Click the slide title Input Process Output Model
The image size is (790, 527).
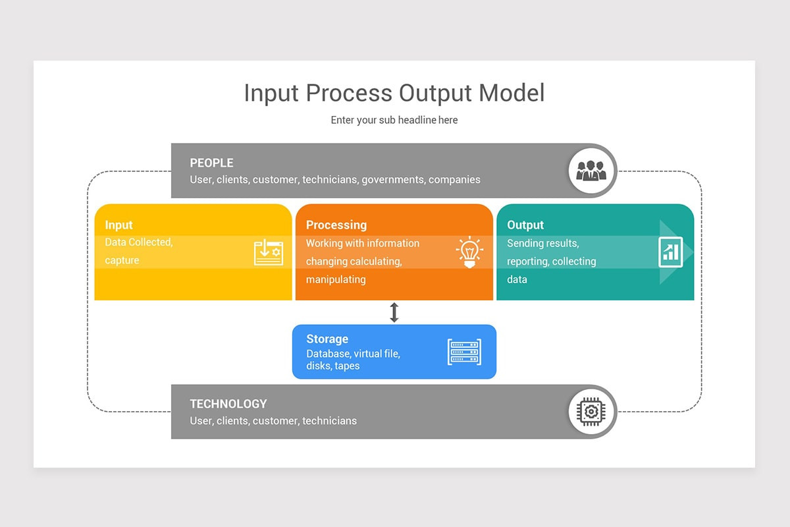(394, 93)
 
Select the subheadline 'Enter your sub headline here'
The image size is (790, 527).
(394, 120)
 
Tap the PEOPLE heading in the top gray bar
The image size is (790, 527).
(211, 163)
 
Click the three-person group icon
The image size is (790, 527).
(591, 171)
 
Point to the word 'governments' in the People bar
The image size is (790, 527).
(392, 179)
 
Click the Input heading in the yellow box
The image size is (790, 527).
(118, 225)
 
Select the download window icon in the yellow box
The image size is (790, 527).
(269, 253)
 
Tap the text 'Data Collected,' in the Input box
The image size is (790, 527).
(139, 242)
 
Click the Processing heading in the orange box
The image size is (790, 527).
(336, 225)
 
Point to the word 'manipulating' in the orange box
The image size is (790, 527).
(336, 279)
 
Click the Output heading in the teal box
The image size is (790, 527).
(525, 225)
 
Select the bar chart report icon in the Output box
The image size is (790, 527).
(671, 252)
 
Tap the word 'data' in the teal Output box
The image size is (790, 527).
(517, 279)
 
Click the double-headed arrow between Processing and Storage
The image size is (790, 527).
(394, 312)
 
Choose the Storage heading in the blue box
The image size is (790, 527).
(327, 339)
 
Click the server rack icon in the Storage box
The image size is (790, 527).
(464, 352)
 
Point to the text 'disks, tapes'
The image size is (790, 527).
(333, 366)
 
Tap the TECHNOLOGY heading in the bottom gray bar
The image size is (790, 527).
(228, 404)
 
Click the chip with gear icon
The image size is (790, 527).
(591, 412)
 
